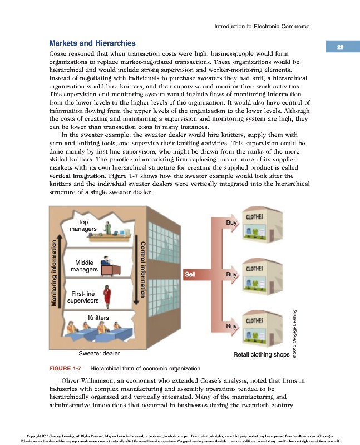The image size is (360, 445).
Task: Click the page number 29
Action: click(x=339, y=47)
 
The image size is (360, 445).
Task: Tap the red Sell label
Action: click(x=190, y=274)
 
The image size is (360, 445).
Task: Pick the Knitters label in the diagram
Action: click(x=98, y=317)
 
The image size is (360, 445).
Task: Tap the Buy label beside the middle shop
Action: click(x=231, y=274)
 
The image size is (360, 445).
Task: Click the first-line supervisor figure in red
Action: click(x=107, y=295)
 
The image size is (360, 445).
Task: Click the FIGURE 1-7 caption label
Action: click(x=66, y=368)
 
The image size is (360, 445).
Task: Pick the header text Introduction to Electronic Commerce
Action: click(x=262, y=26)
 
